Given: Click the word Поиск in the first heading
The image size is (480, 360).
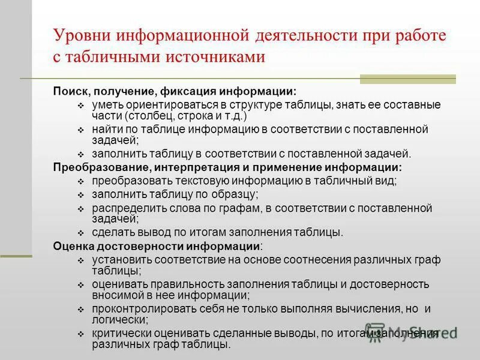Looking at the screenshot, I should [67, 92].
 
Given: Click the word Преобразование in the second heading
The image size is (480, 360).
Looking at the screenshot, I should [100, 167].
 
